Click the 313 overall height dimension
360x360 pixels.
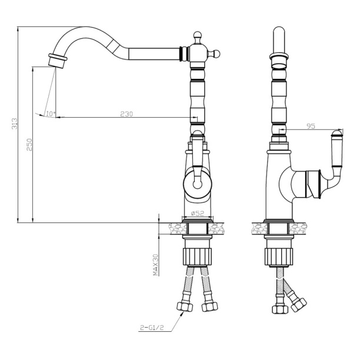(x=15, y=124)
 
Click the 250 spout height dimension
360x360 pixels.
(x=29, y=145)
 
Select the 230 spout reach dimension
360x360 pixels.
(x=126, y=114)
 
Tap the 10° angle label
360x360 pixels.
(x=51, y=114)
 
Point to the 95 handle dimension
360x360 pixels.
(x=311, y=126)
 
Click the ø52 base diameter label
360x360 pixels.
(x=198, y=214)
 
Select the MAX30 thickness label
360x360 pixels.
(x=156, y=265)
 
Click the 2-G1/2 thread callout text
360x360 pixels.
(x=152, y=328)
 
